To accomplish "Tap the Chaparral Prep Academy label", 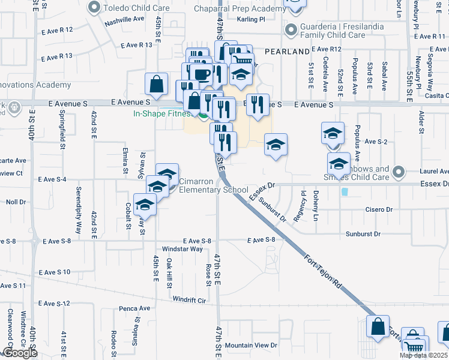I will click(241, 8).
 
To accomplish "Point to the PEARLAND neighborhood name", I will click(286, 52).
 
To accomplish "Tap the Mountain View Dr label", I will click(251, 346).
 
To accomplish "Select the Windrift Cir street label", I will click(189, 299).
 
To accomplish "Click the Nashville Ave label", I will click(124, 19).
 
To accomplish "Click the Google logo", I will click(19, 353).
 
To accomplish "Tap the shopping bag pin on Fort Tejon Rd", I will click(378, 328).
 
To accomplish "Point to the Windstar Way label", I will click(182, 248).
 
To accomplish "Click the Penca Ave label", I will click(134, 308).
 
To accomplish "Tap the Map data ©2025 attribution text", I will click(423, 355).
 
